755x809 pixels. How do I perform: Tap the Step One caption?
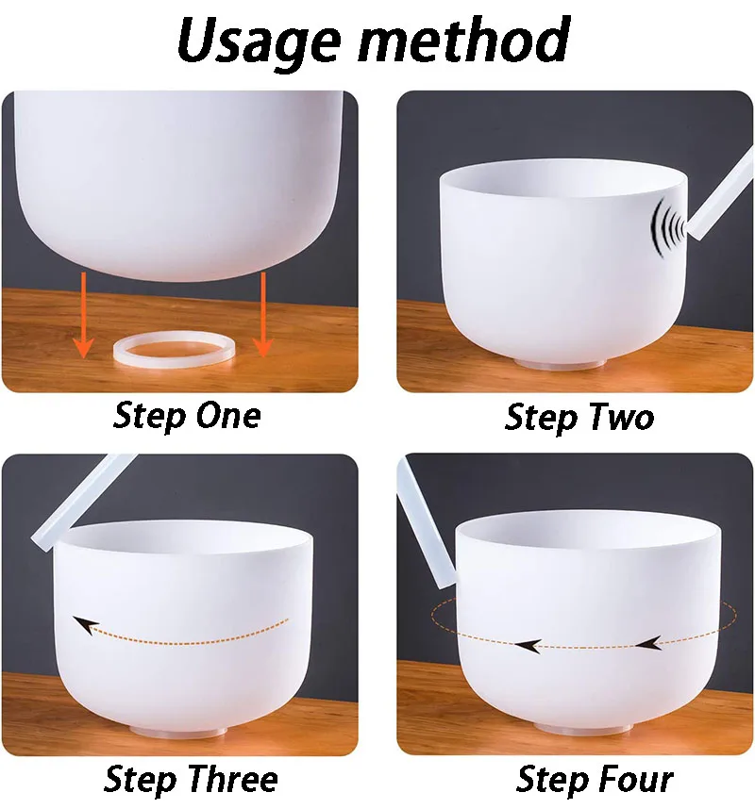coord(187,415)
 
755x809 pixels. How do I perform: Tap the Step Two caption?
coord(579,416)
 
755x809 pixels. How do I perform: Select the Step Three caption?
coord(191,779)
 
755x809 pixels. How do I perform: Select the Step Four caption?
coord(595,779)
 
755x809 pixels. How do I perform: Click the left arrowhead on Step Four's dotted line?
coord(528,646)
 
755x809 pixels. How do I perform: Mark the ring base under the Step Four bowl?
coord(582,725)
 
